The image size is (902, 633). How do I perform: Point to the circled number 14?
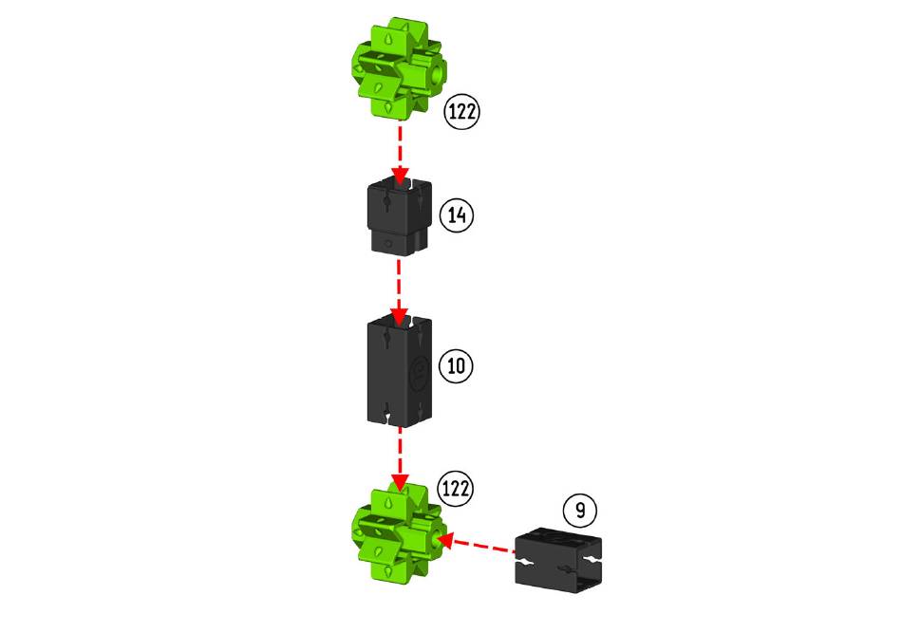458,215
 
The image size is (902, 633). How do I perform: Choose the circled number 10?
457,365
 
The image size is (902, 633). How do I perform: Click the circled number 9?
579,510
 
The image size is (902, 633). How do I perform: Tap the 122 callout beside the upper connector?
462,111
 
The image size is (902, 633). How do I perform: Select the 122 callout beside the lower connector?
455,489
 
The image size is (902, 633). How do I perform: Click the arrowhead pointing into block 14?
400,176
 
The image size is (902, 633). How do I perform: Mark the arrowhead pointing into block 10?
400,315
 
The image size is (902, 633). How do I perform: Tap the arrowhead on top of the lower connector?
400,480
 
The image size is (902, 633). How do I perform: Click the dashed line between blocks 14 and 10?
399,280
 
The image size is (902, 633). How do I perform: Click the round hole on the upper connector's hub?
437,70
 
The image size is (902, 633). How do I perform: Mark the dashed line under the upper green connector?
400,142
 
